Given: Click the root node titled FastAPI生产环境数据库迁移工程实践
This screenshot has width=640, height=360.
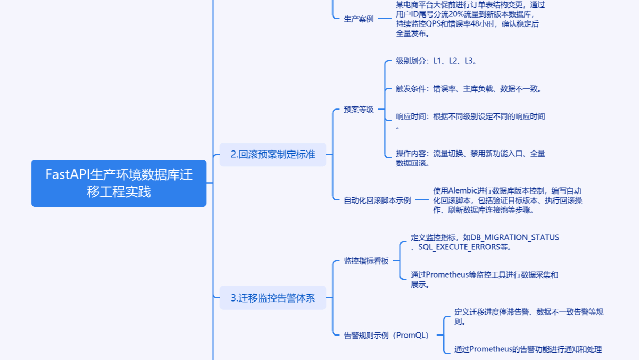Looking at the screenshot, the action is tap(119, 183).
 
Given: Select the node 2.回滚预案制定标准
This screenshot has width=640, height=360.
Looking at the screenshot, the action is tap(272, 155).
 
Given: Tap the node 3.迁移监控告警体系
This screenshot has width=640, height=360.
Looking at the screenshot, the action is tap(272, 298).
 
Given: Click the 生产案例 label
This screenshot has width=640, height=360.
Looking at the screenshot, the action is tap(359, 19).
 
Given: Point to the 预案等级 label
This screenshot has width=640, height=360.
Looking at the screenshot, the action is tap(359, 110).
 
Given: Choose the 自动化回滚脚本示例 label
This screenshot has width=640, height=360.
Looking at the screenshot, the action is tap(377, 200).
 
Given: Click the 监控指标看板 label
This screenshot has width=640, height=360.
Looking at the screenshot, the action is tap(366, 261).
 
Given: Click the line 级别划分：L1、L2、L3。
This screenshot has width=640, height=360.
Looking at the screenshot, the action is tap(436, 61).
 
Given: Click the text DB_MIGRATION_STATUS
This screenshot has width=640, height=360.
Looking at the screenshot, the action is tap(515, 237).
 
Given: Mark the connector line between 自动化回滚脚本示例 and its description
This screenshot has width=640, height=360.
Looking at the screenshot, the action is tap(421, 200).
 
